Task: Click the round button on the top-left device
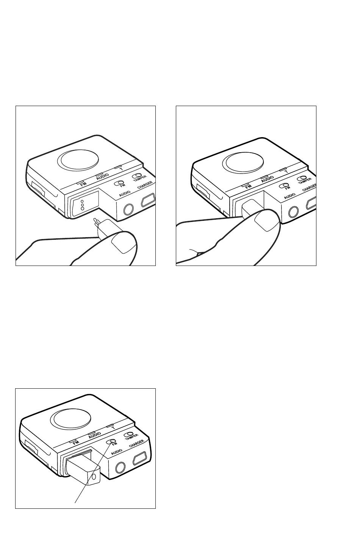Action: pyautogui.click(x=80, y=159)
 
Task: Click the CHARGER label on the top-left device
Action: pyautogui.click(x=145, y=185)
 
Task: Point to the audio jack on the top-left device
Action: pyautogui.click(x=128, y=209)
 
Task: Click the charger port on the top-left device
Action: pyautogui.click(x=147, y=200)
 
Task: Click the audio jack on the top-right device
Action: pyautogui.click(x=294, y=212)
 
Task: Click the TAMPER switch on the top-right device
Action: pyautogui.click(x=302, y=178)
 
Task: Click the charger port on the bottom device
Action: pyautogui.click(x=139, y=458)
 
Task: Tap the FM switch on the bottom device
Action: pyautogui.click(x=111, y=441)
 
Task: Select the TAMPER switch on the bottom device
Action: pyautogui.click(x=128, y=434)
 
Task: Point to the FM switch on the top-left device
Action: pyautogui.click(x=119, y=183)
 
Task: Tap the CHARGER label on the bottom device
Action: pyautogui.click(x=136, y=444)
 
